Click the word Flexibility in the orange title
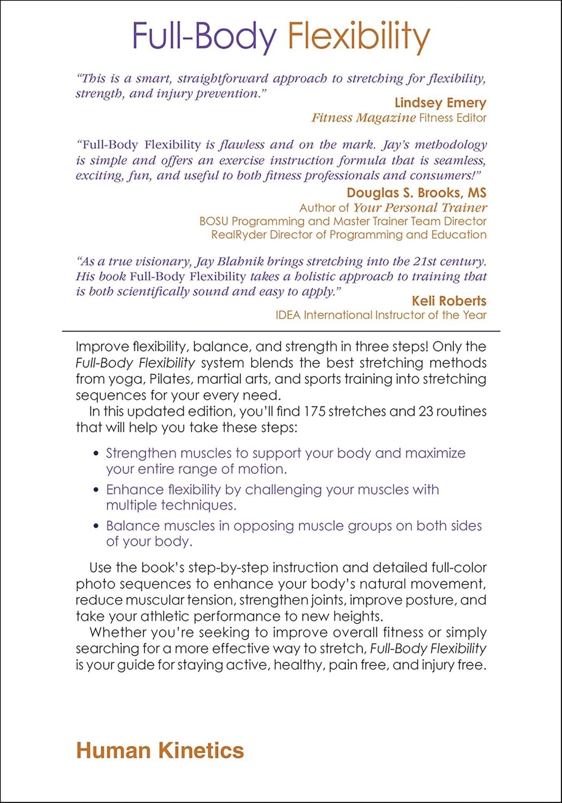[358, 36]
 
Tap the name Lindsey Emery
[440, 103]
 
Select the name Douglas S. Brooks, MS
[416, 193]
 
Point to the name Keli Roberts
[448, 301]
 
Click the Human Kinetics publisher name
[160, 751]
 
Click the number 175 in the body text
[314, 412]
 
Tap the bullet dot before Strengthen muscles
[96, 454]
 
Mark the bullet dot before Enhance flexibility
[96, 490]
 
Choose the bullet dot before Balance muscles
[96, 526]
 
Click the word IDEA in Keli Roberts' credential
[288, 315]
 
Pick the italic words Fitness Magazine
[363, 118]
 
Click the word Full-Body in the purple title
[204, 36]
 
